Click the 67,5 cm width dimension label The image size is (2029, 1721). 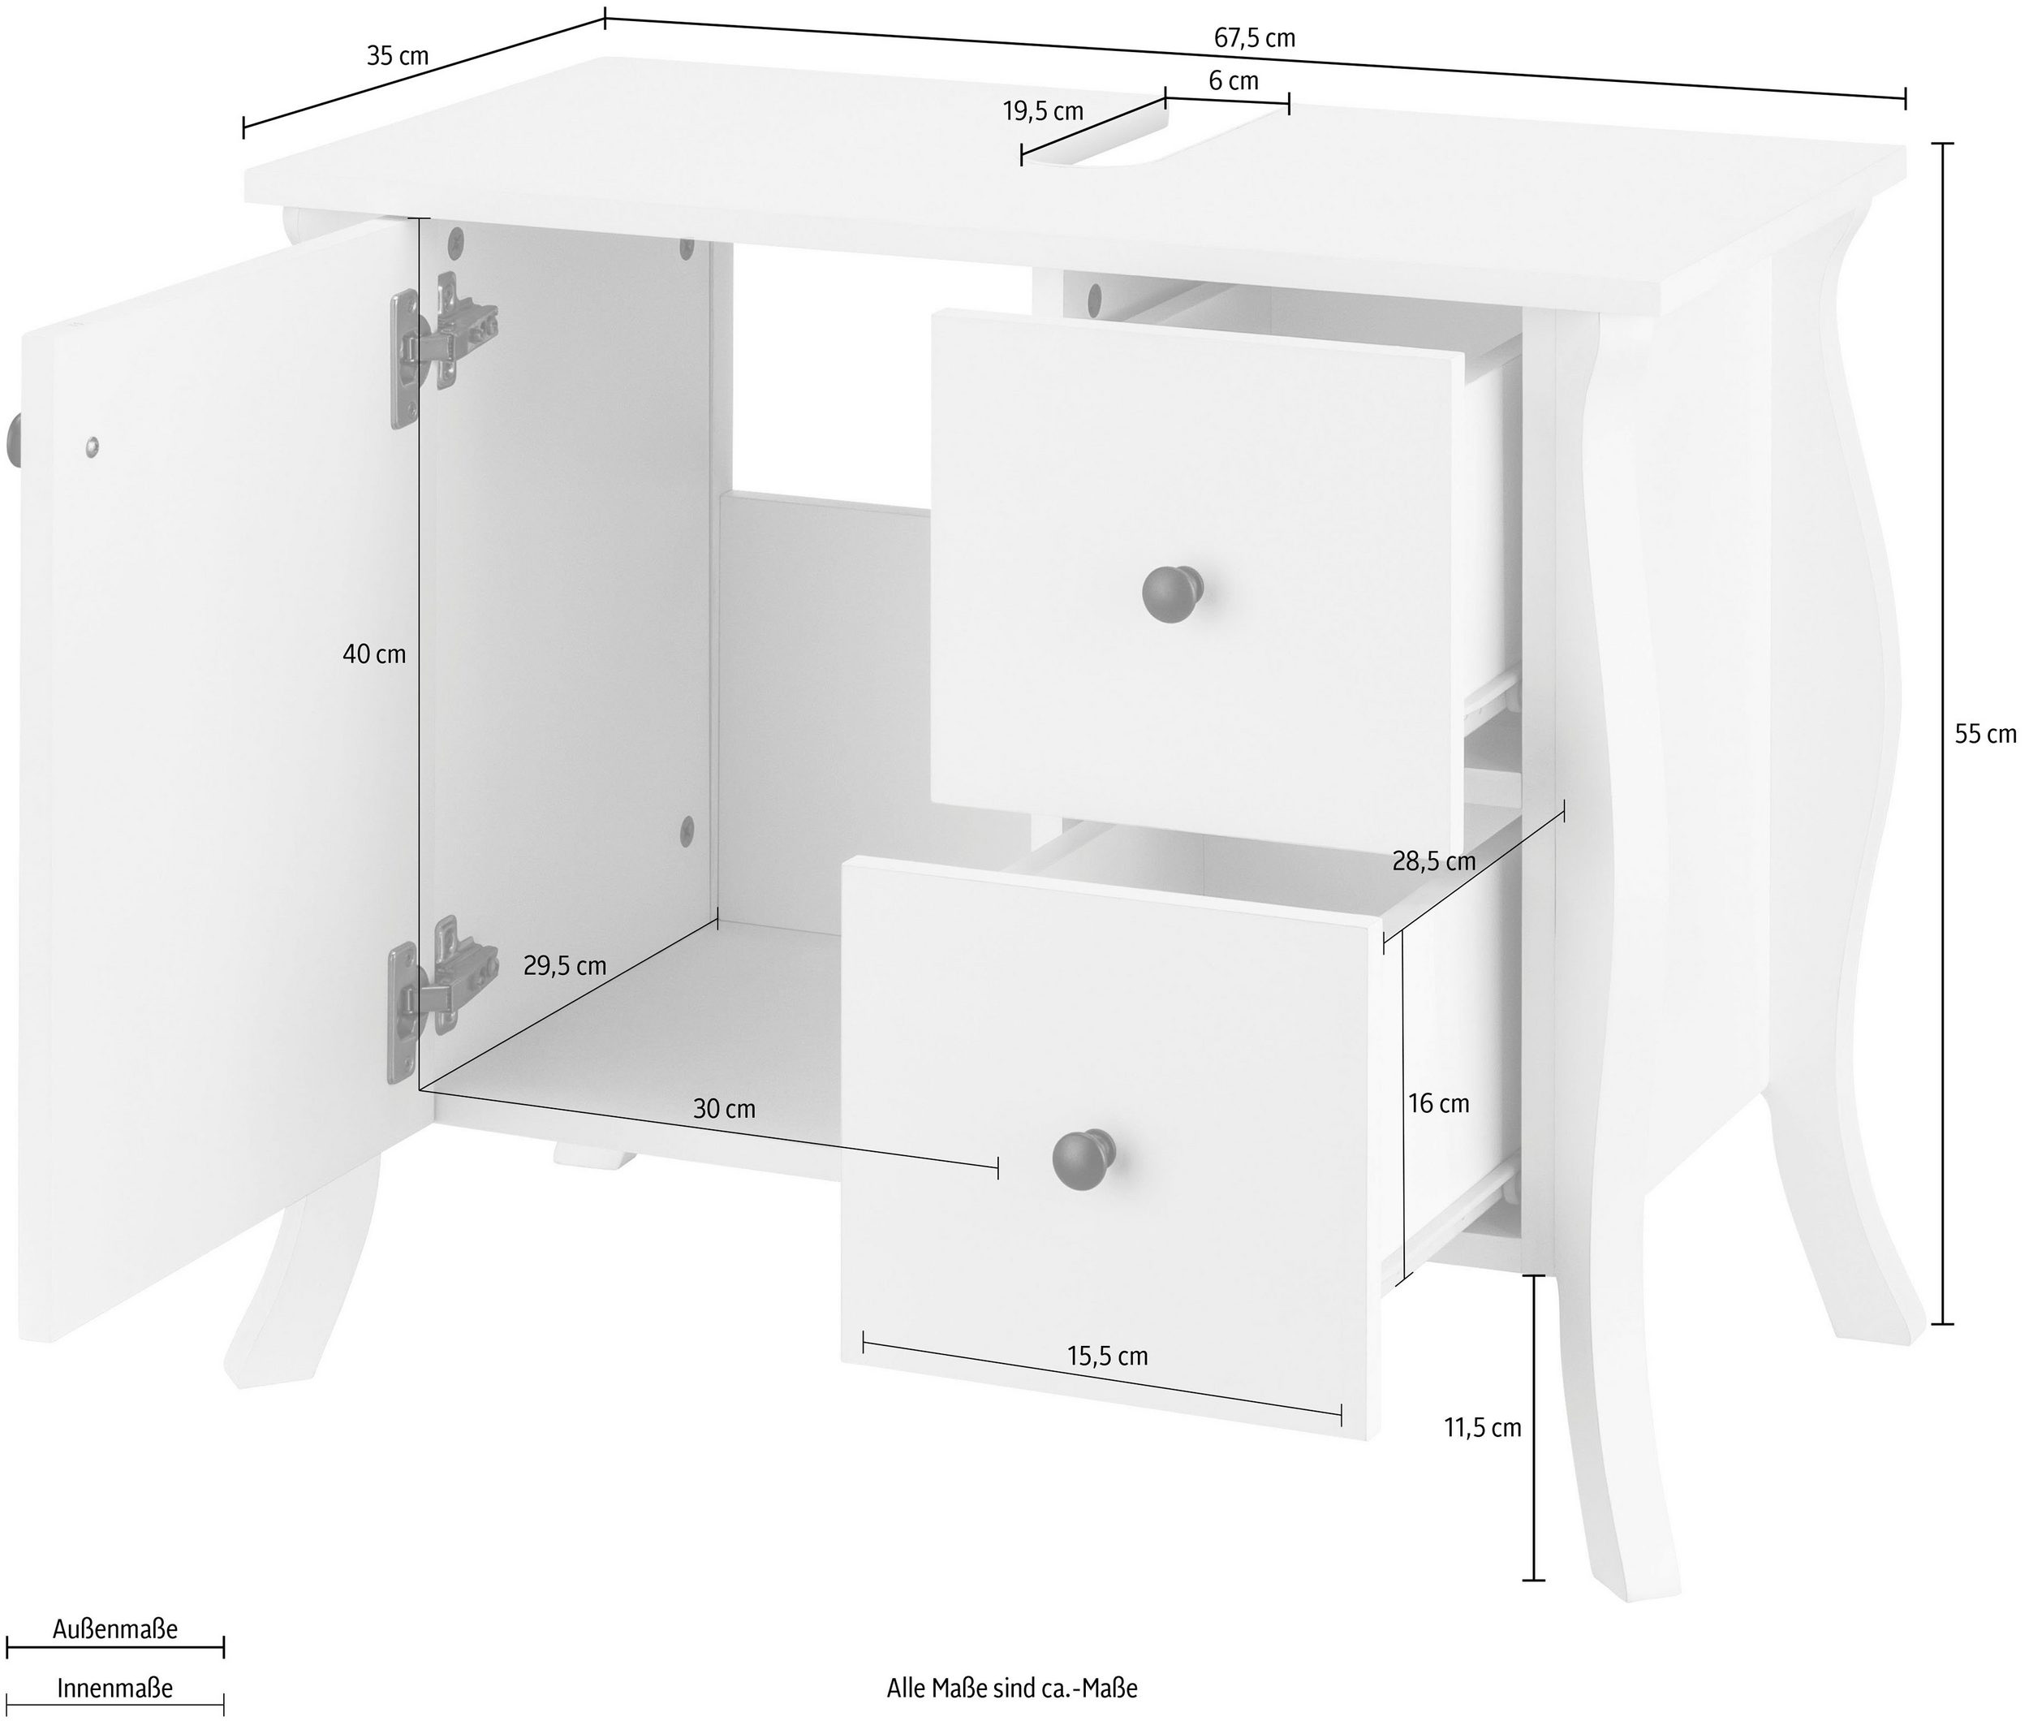pos(1255,38)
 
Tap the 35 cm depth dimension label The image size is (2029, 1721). pos(398,56)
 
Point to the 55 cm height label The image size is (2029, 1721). pos(1985,734)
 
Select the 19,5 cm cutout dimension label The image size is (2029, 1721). pos(1043,111)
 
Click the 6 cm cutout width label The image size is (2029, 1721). pos(1234,81)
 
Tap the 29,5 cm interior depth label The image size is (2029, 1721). pos(565,966)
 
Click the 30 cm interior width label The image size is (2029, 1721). pos(724,1108)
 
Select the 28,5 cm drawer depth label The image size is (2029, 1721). pos(1433,861)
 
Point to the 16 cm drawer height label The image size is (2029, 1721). pos(1438,1103)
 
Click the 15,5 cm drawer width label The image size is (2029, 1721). pos(1107,1357)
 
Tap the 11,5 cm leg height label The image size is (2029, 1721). pos(1483,1427)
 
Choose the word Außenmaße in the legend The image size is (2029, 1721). pos(115,1629)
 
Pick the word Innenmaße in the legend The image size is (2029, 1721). pos(115,1688)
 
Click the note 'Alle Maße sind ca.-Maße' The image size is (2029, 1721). pos(1011,1688)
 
